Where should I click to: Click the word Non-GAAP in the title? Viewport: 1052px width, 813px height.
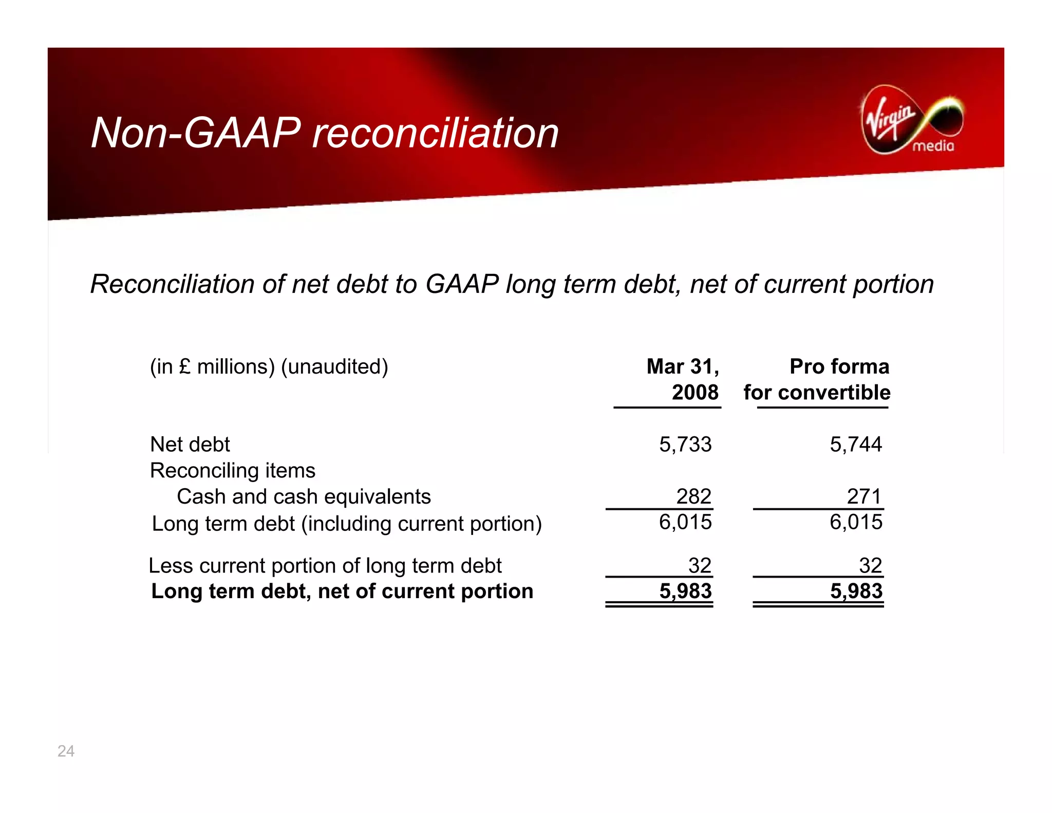click(196, 133)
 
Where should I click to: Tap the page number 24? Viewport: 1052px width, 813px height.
click(66, 751)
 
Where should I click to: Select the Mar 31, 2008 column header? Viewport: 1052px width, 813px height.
click(684, 379)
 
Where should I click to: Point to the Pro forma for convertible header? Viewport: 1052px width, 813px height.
click(817, 379)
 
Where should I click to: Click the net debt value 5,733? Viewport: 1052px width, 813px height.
click(685, 445)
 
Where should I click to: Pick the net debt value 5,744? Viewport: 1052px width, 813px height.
click(856, 445)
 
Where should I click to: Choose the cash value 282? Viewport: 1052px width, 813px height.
click(693, 496)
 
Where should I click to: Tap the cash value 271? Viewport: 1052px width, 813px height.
click(864, 496)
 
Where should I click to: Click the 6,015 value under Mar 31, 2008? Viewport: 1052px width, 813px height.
click(685, 522)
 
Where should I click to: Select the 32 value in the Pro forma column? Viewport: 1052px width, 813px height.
click(870, 566)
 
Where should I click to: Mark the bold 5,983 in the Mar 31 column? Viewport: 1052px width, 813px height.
click(685, 591)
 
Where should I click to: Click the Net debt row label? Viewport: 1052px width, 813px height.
click(190, 445)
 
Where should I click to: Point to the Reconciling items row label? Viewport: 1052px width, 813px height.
click(233, 471)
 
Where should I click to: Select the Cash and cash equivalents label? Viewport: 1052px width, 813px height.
click(304, 497)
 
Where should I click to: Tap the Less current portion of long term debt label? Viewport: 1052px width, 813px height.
click(325, 566)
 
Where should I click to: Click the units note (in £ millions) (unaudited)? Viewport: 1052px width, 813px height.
click(269, 367)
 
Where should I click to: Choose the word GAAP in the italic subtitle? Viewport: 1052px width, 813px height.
click(462, 284)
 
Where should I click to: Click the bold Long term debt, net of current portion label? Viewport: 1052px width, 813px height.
click(342, 592)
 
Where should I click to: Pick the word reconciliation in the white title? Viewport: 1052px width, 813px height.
click(436, 133)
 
